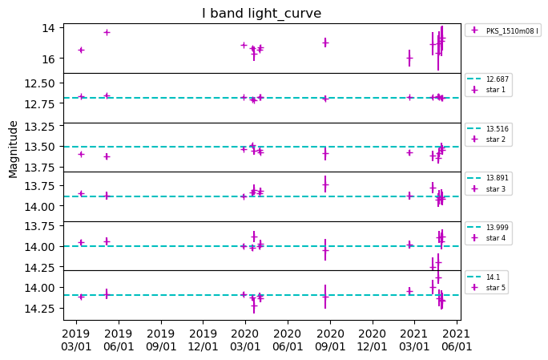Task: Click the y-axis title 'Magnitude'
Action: click(x=14, y=149)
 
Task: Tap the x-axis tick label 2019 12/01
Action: click(x=203, y=339)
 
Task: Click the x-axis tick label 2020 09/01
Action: click(x=329, y=339)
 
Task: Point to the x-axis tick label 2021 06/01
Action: click(x=457, y=339)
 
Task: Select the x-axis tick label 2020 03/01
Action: click(x=245, y=339)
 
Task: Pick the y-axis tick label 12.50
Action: click(x=41, y=83)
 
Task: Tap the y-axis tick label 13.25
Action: click(x=41, y=127)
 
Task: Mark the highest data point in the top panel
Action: click(x=107, y=32)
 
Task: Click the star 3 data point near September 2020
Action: click(x=325, y=184)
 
